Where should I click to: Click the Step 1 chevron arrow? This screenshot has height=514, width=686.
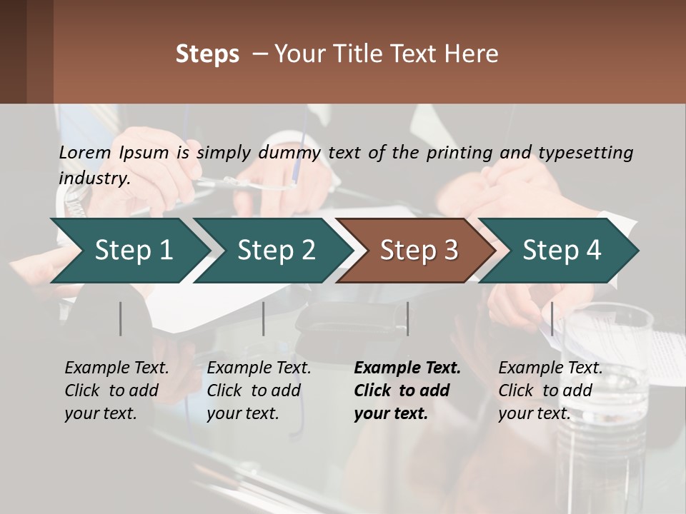click(134, 250)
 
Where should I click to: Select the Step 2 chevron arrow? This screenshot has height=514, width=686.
click(276, 250)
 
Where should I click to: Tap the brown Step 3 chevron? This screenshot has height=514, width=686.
click(419, 250)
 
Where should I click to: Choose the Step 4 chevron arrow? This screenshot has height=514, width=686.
click(562, 250)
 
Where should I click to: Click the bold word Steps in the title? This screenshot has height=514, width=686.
click(207, 54)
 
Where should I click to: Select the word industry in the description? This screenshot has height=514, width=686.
click(94, 178)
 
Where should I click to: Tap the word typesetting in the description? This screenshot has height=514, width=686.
click(585, 152)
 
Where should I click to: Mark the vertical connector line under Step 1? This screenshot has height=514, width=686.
click(121, 318)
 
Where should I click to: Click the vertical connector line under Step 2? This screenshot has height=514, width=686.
click(264, 318)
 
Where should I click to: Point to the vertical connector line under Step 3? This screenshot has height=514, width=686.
click(407, 318)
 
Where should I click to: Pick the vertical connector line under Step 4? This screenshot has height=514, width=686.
click(552, 318)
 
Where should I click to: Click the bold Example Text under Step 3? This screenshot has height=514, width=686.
click(407, 368)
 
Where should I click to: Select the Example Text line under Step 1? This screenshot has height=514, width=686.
click(116, 368)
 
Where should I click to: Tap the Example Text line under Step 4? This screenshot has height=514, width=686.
click(550, 368)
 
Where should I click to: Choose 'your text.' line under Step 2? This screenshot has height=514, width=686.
click(242, 413)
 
